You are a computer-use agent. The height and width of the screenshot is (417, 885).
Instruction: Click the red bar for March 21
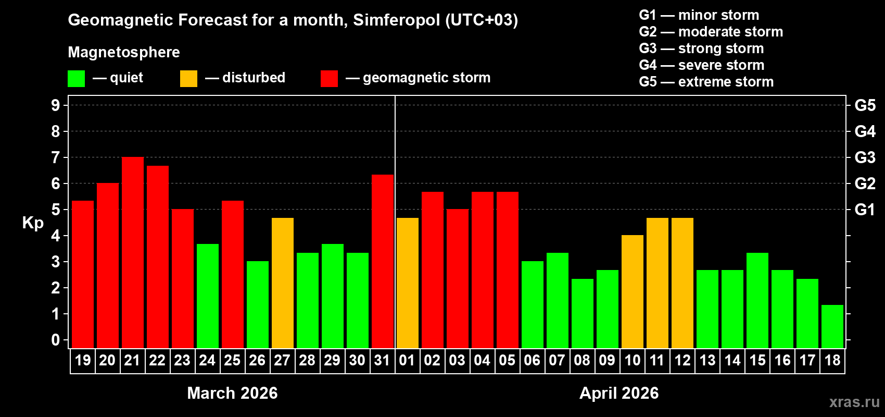[x=133, y=252]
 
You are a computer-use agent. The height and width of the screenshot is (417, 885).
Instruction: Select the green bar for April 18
[x=832, y=326]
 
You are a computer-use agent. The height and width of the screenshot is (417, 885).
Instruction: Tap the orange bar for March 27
[x=283, y=283]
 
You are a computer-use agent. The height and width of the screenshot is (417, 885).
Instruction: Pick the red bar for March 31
[x=383, y=261]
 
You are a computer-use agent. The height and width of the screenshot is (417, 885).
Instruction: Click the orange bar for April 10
[x=633, y=291]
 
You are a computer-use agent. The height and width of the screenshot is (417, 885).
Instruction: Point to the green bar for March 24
[x=208, y=296]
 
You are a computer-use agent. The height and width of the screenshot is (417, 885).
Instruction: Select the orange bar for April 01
[x=408, y=283]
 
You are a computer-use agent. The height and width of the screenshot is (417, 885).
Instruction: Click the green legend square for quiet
[x=77, y=79]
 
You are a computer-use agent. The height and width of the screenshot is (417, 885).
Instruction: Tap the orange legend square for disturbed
[x=188, y=79]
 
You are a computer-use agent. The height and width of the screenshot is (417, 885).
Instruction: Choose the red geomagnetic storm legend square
[x=329, y=79]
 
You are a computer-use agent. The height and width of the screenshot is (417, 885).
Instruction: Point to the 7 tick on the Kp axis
[x=56, y=157]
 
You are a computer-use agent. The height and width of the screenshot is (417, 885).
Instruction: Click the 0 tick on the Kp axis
[x=56, y=340]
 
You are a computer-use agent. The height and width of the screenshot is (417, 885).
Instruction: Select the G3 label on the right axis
[x=865, y=157]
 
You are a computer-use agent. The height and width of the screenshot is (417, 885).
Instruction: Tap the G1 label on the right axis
[x=865, y=210]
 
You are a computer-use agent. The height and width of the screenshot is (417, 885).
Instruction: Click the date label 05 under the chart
[x=507, y=361]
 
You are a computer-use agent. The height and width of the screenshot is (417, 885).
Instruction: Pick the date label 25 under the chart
[x=232, y=361]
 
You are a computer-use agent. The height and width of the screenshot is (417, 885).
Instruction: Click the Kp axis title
[x=33, y=223]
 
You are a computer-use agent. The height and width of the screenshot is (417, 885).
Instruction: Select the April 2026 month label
[x=619, y=393]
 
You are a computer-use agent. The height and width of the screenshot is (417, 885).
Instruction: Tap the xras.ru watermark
[x=854, y=402]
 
